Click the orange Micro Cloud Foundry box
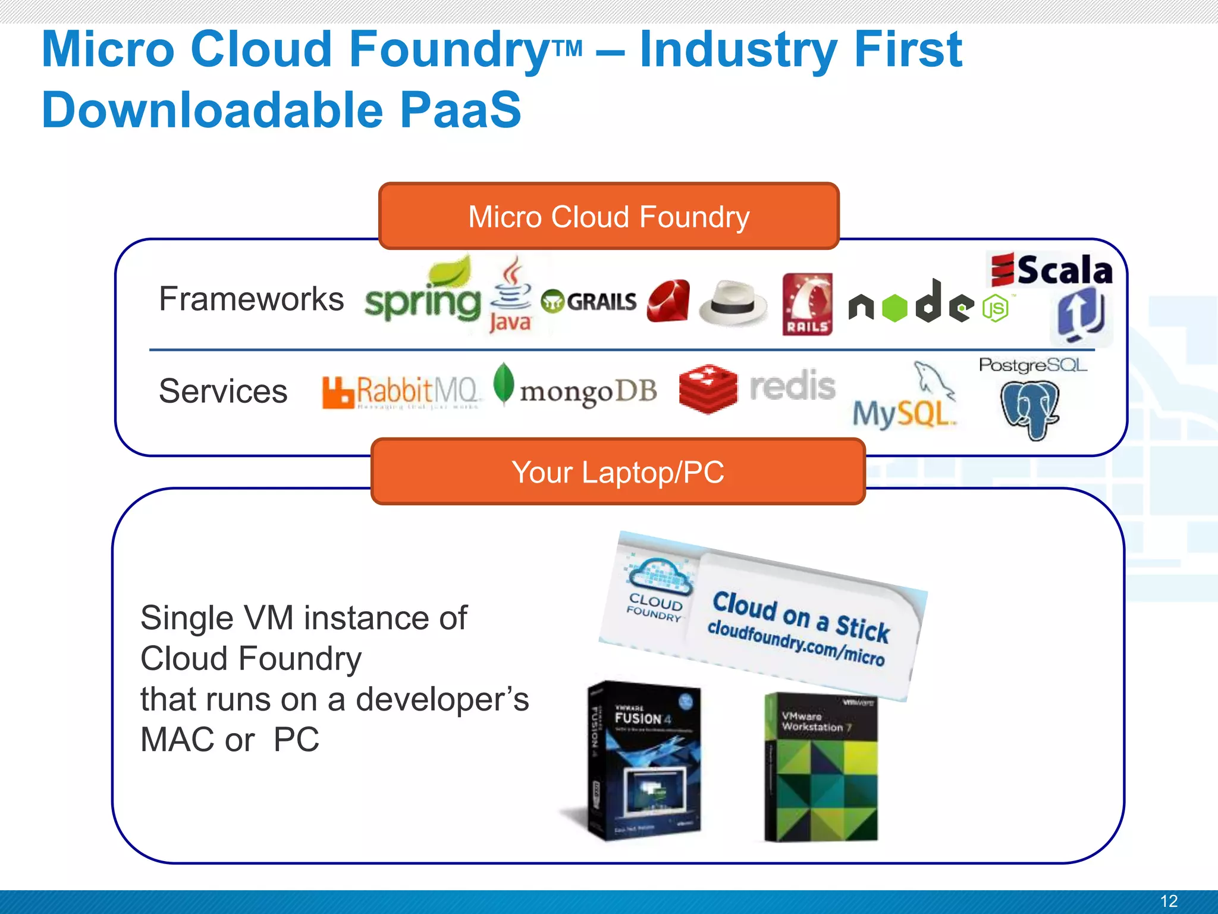pyautogui.click(x=608, y=217)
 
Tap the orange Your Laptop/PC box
pyautogui.click(x=617, y=472)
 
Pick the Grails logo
pyautogui.click(x=589, y=302)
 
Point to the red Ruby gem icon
pyautogui.click(x=668, y=301)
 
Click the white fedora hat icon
pyautogui.click(x=733, y=303)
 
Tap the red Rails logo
pyautogui.click(x=807, y=305)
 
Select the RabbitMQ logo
pyautogui.click(x=400, y=392)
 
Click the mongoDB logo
pyautogui.click(x=576, y=389)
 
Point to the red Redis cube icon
pyautogui.click(x=708, y=389)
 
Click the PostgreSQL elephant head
pyautogui.click(x=1030, y=409)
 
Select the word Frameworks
pyautogui.click(x=251, y=299)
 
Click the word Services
pyautogui.click(x=223, y=391)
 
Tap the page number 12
pyautogui.click(x=1169, y=901)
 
